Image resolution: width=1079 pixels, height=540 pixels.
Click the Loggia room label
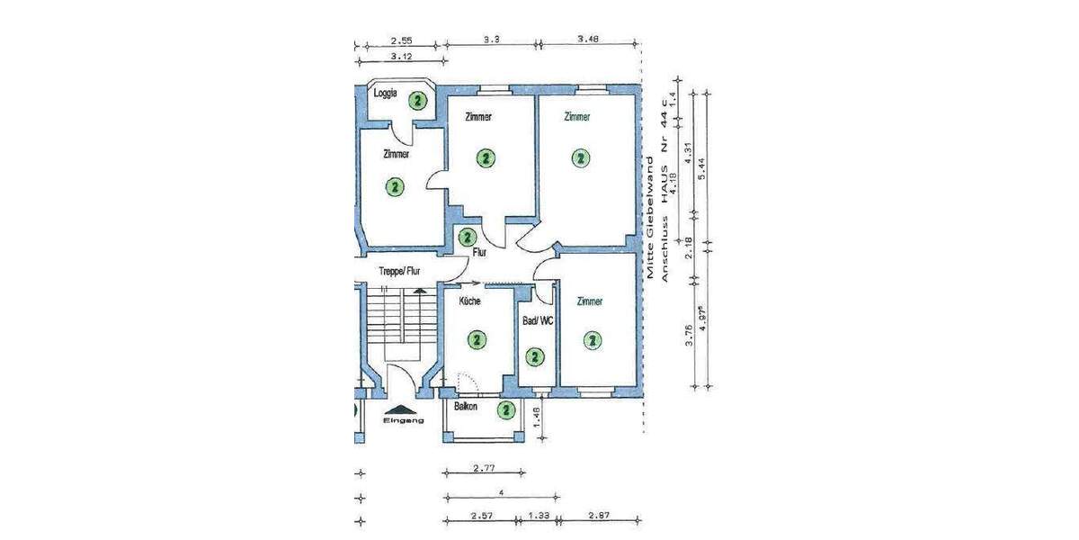click(386, 93)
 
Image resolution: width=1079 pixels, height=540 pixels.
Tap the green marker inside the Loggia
click(417, 100)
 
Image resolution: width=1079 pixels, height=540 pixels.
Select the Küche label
click(470, 301)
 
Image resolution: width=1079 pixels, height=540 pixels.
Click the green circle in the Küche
click(476, 339)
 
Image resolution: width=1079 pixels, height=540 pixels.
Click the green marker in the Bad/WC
click(535, 357)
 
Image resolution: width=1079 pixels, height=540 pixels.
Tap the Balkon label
click(466, 407)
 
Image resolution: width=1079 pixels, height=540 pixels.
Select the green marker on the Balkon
click(506, 410)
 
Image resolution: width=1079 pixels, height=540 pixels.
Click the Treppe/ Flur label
click(400, 270)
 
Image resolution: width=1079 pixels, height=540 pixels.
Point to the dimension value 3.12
click(402, 57)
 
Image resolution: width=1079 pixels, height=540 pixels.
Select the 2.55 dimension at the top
click(402, 40)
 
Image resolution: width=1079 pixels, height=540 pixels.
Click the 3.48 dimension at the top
click(588, 39)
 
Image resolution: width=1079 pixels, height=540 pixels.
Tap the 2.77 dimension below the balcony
click(485, 468)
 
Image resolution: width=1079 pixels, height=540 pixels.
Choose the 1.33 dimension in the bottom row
click(538, 515)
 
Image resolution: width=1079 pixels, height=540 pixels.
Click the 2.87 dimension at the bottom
click(599, 515)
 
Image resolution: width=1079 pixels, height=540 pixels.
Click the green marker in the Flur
click(467, 238)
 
